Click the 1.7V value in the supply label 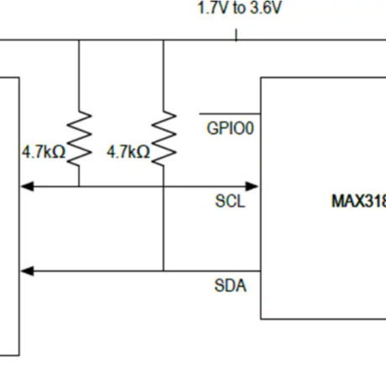point(211,9)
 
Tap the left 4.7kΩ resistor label point(43,153)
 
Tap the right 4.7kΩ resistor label point(128,153)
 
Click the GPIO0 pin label point(230,130)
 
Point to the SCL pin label point(231,202)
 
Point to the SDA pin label point(231,286)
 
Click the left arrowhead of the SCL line point(27,186)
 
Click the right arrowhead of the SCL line point(253,186)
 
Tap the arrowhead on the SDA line point(27,271)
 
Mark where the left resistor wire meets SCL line point(79,186)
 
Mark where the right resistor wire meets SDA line point(164,271)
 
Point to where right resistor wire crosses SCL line point(164,186)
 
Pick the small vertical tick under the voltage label point(236,34)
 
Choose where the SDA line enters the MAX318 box point(261,271)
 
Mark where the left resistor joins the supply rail point(79,40)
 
